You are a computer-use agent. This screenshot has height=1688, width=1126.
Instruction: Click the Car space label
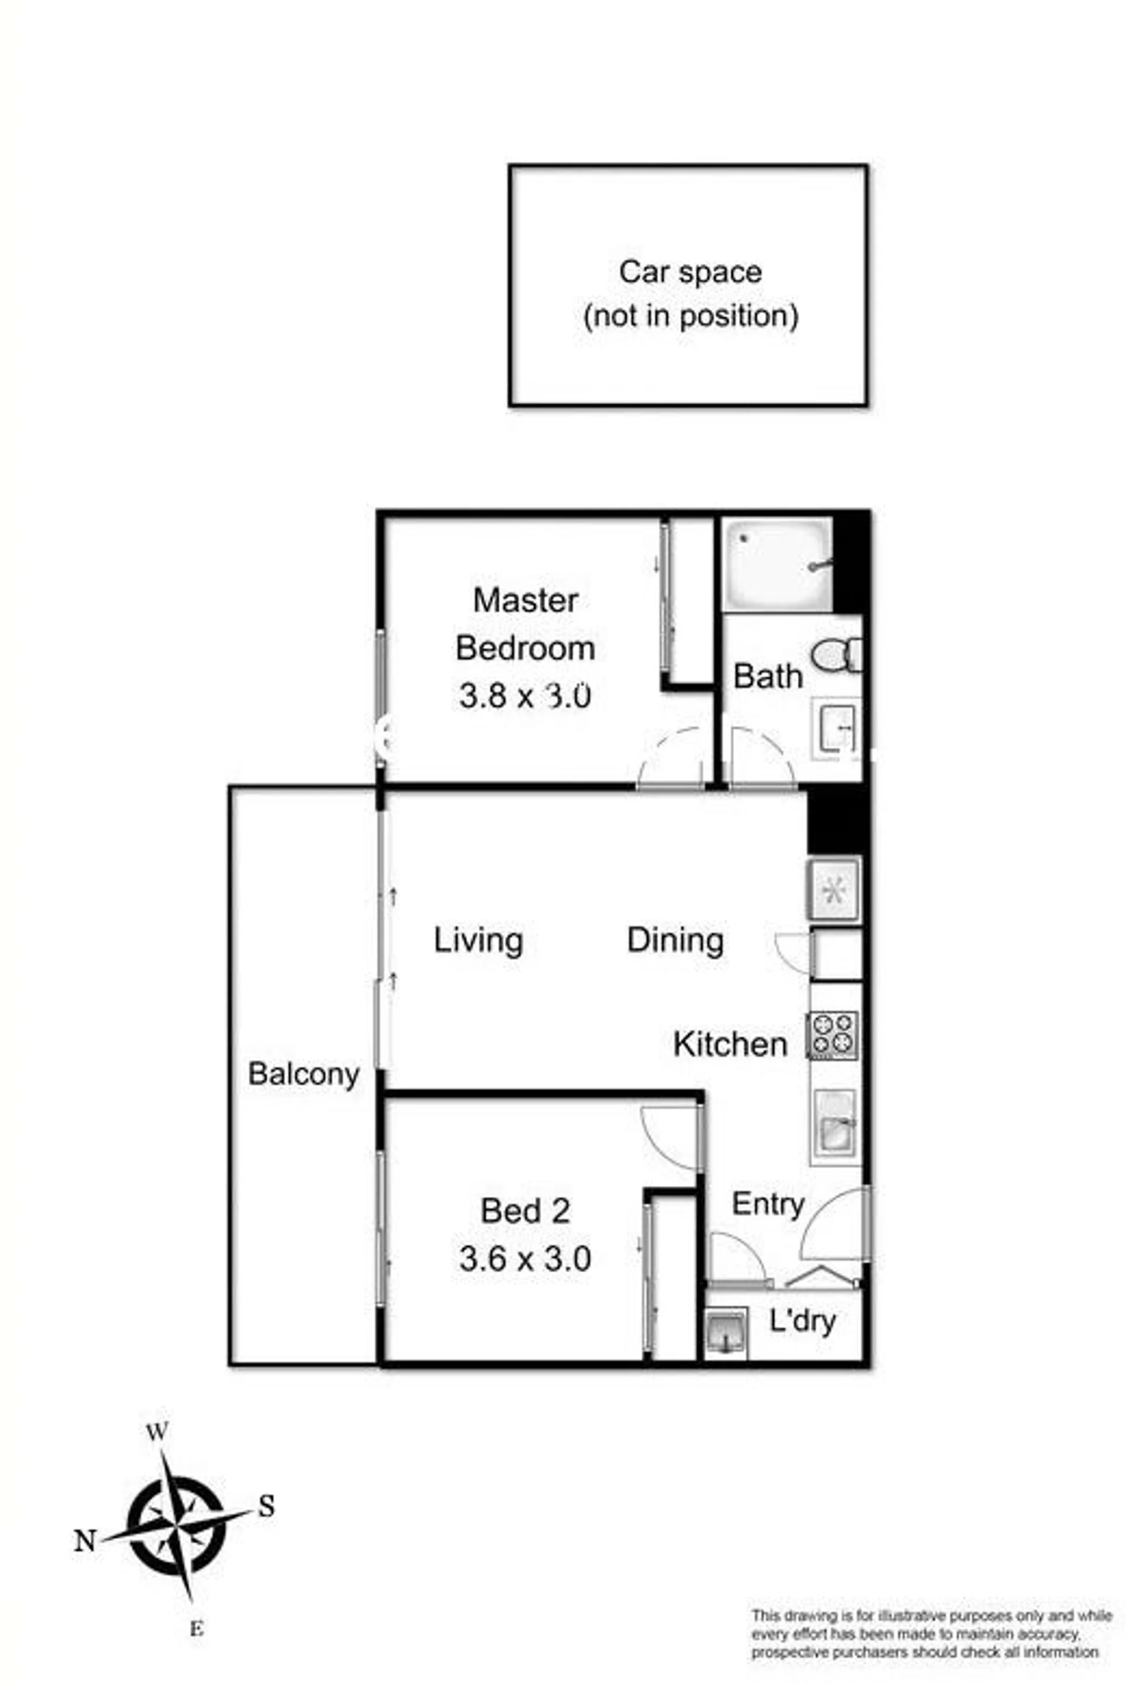(690, 273)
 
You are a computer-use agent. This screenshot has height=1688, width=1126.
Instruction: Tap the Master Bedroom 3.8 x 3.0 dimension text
(525, 696)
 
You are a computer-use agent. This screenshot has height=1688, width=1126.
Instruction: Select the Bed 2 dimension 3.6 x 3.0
(525, 1259)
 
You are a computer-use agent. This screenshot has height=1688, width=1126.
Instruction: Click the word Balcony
(304, 1075)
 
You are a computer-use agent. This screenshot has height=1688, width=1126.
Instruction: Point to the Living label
(479, 941)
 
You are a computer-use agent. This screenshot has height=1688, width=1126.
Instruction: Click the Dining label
(675, 941)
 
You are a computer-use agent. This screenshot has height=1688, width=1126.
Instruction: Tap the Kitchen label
(730, 1044)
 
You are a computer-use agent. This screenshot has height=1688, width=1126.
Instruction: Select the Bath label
(768, 676)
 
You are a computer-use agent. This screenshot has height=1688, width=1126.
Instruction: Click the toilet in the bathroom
(837, 655)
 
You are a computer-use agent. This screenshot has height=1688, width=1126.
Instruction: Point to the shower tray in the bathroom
(778, 564)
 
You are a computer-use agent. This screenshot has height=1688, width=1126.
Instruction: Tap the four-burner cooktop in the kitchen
(833, 1035)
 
